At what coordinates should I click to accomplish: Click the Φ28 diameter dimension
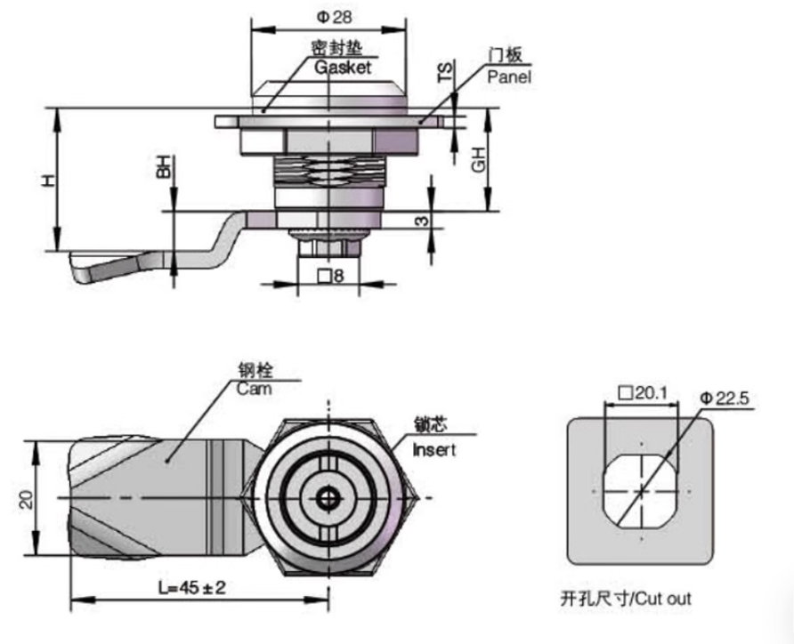[x=331, y=17]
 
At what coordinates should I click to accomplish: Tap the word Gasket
[x=342, y=68]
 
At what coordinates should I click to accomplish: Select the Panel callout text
[x=508, y=77]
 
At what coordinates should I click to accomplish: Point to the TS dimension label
[x=445, y=72]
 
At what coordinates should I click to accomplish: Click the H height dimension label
[x=48, y=181]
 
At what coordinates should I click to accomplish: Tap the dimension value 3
[x=424, y=219]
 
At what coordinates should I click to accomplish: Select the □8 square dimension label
[x=330, y=276]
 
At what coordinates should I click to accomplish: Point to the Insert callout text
[x=433, y=450]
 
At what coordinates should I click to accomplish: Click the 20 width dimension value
[x=26, y=497]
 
